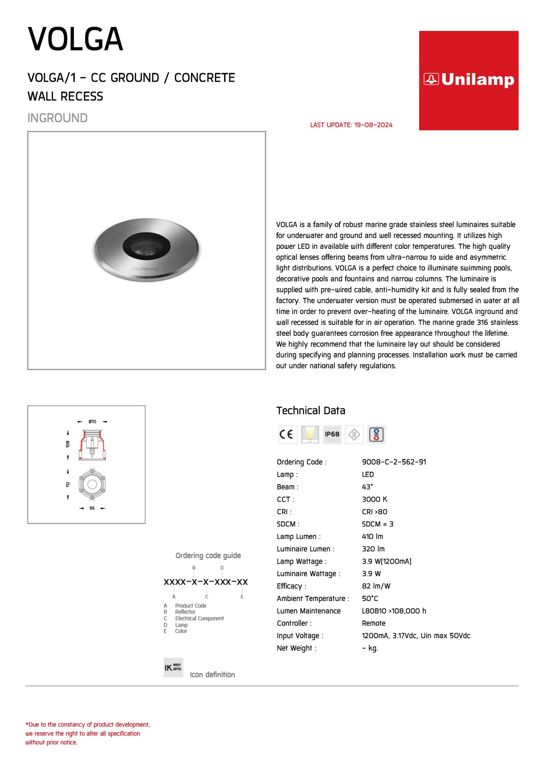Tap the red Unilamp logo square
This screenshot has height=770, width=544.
pyautogui.click(x=468, y=81)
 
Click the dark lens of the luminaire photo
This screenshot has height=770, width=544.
pyautogui.click(x=146, y=247)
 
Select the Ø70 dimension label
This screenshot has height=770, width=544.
pyautogui.click(x=92, y=422)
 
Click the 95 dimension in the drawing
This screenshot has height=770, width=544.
pyautogui.click(x=92, y=508)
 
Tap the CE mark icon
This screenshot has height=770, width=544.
pyautogui.click(x=288, y=434)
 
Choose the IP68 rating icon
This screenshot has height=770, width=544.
pyautogui.click(x=332, y=434)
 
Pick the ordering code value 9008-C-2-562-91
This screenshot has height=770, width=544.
pyautogui.click(x=394, y=462)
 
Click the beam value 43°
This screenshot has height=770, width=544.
pyautogui.click(x=367, y=487)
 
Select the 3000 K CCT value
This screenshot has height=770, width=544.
pyautogui.click(x=374, y=499)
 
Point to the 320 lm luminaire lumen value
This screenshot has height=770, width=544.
pyautogui.click(x=373, y=549)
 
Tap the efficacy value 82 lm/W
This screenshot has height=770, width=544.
pyautogui.click(x=376, y=586)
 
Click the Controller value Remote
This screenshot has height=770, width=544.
pyautogui.click(x=373, y=623)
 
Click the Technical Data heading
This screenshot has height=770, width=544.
pyautogui.click(x=310, y=411)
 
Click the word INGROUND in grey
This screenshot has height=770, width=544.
pyautogui.click(x=57, y=118)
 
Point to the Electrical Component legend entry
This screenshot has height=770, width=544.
pyautogui.click(x=199, y=618)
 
